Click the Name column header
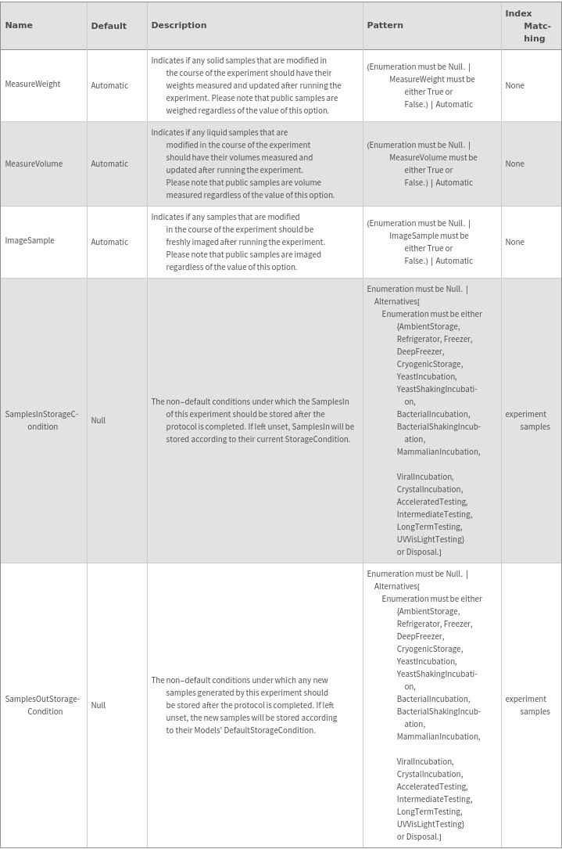pyautogui.click(x=19, y=25)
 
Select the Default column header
pyautogui.click(x=109, y=26)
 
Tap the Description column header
pyautogui.click(x=179, y=25)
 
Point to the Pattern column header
pyautogui.click(x=385, y=25)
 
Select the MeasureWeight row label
pyautogui.click(x=33, y=85)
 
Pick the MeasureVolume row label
pyautogui.click(x=34, y=164)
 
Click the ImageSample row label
pyautogui.click(x=30, y=241)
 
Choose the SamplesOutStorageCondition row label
pyautogui.click(x=43, y=705)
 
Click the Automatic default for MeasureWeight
pyautogui.click(x=109, y=85)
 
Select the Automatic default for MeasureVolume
pyautogui.click(x=109, y=164)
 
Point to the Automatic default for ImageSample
pyautogui.click(x=109, y=242)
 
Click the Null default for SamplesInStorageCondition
pyautogui.click(x=98, y=420)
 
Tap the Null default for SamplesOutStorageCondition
pyautogui.click(x=98, y=705)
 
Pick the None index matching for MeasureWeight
pyautogui.click(x=515, y=85)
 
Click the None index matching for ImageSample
pyautogui.click(x=515, y=242)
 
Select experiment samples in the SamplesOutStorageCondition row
pyautogui.click(x=527, y=705)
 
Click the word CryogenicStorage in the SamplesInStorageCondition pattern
pyautogui.click(x=429, y=364)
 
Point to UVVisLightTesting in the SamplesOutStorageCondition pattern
pyautogui.click(x=431, y=824)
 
